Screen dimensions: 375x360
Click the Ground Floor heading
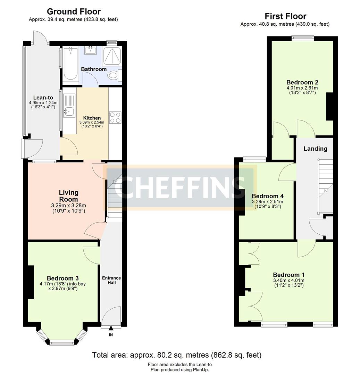(x=74, y=12)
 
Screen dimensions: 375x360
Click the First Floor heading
(x=285, y=16)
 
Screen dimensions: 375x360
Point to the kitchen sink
(x=68, y=111)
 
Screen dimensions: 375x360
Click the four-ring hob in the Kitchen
(x=115, y=117)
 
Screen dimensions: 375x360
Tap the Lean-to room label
(x=43, y=97)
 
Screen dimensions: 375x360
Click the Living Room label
(x=68, y=196)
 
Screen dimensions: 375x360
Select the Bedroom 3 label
(x=62, y=278)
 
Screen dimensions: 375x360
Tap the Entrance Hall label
(x=111, y=280)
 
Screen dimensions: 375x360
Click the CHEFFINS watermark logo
(x=181, y=187)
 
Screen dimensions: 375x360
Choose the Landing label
(x=315, y=149)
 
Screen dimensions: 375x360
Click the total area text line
(x=176, y=355)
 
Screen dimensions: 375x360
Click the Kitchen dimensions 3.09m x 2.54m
(x=92, y=123)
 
